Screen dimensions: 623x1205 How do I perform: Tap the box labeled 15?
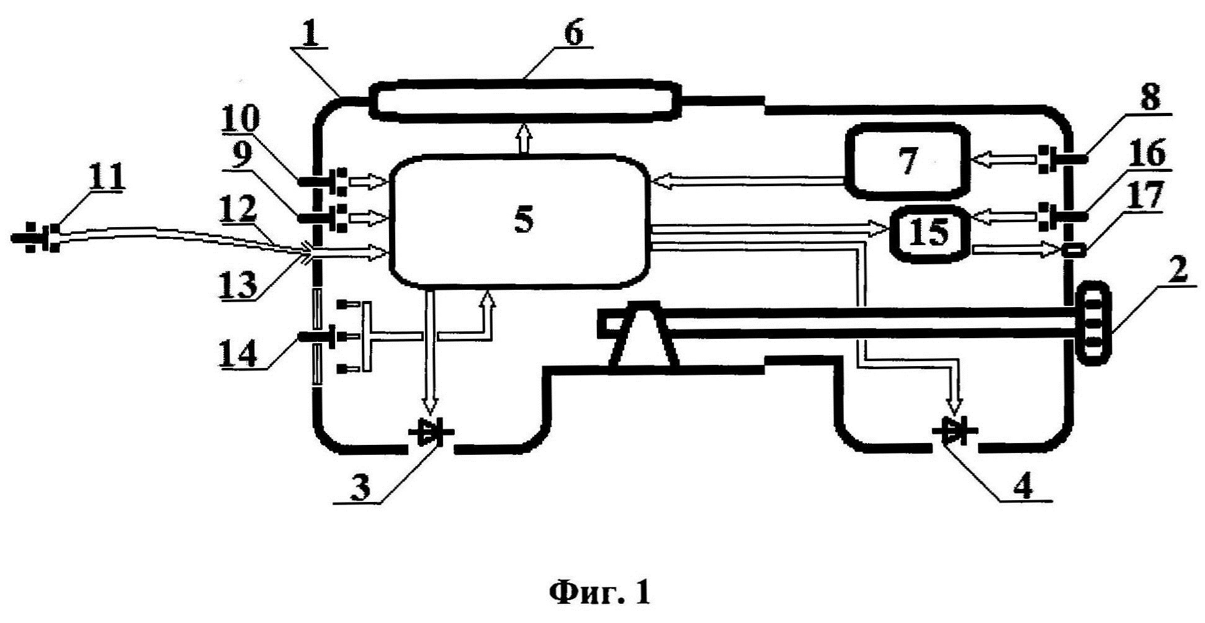[x=930, y=232]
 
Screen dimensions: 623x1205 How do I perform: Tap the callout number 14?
[x=238, y=356]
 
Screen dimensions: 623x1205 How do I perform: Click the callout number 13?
[x=240, y=284]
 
